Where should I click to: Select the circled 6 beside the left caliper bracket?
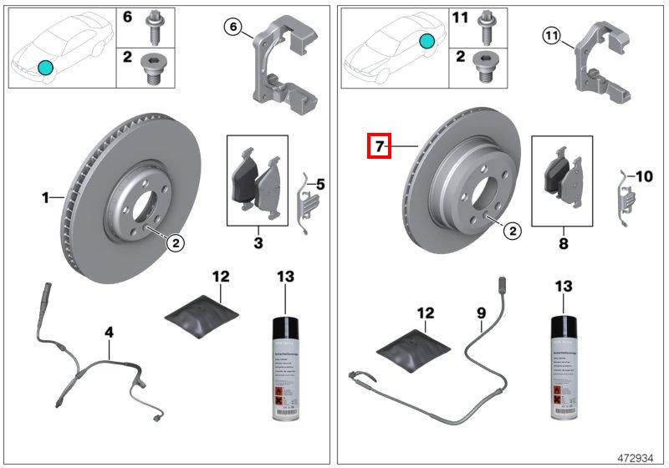[x=235, y=28]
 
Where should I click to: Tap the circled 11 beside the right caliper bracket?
[x=549, y=35]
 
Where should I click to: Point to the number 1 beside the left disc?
[x=46, y=198]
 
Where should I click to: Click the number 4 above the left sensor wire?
[x=109, y=333]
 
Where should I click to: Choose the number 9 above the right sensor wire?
[x=481, y=313]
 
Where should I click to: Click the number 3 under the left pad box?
[x=258, y=243]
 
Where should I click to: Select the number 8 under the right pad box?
[x=563, y=244]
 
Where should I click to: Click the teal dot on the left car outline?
[x=45, y=67]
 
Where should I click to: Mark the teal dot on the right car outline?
[x=427, y=41]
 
